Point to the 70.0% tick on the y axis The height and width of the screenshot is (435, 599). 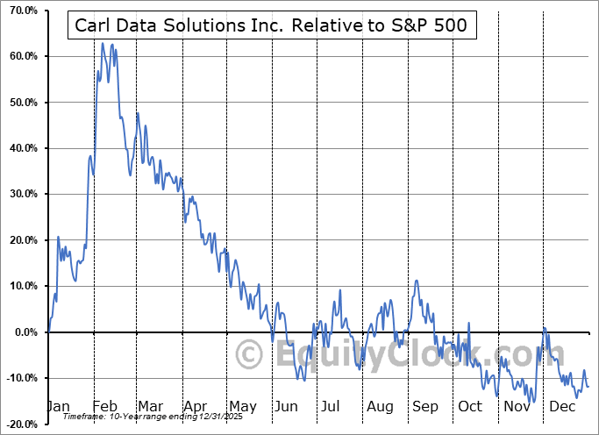[x=22, y=11]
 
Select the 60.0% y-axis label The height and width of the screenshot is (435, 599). [x=22, y=56]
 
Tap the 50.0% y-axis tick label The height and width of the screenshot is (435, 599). [x=22, y=103]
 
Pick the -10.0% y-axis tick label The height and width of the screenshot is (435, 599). [x=21, y=378]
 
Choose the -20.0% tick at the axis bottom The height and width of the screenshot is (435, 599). [x=21, y=424]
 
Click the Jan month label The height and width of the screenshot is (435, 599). [x=57, y=406]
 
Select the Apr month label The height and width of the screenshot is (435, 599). [x=195, y=406]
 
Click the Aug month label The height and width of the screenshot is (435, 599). [x=380, y=406]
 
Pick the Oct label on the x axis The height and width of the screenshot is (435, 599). [x=470, y=406]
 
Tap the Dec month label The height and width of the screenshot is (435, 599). [x=562, y=406]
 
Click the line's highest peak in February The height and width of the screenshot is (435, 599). [x=103, y=43]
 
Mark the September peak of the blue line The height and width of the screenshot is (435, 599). [x=417, y=281]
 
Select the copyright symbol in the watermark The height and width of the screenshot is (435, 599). [x=251, y=355]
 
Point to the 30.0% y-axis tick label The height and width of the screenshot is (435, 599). [x=22, y=194]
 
